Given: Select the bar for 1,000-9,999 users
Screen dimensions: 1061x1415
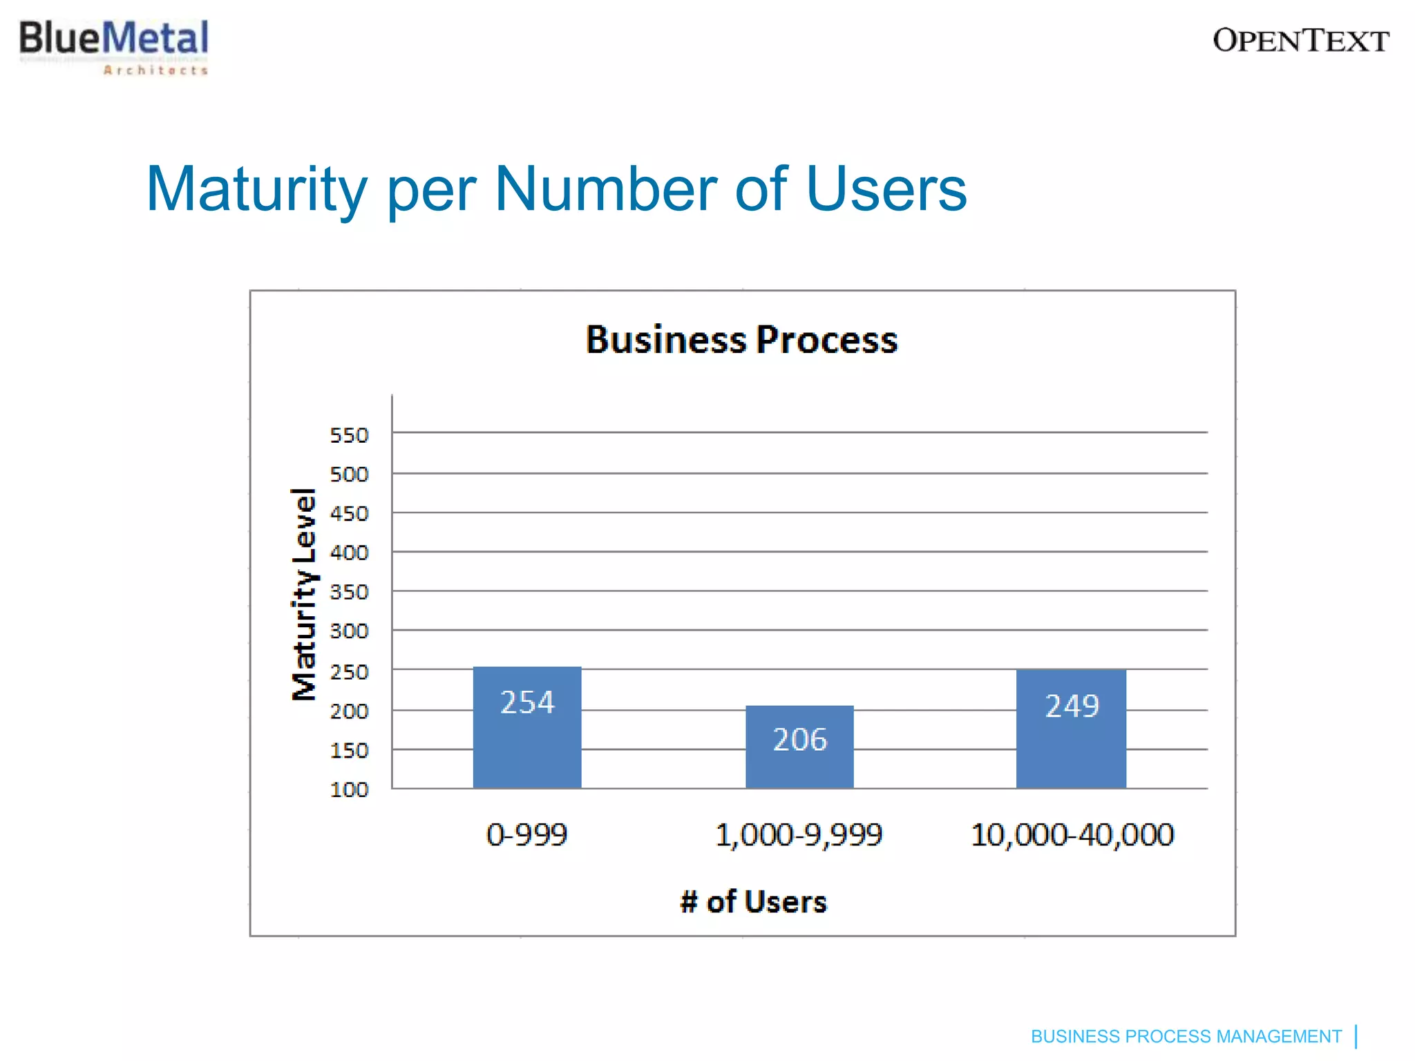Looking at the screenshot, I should (799, 767).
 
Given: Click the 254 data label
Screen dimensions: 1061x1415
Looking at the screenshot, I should (527, 702).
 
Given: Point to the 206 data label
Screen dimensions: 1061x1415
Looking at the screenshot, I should (799, 740).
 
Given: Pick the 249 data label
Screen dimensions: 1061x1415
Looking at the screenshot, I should (1072, 706).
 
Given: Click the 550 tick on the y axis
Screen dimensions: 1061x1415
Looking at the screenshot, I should (349, 435).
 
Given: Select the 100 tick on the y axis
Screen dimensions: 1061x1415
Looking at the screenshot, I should (349, 790).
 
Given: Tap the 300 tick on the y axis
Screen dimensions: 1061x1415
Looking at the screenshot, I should (349, 631).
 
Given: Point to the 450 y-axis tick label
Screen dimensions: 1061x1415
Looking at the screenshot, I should (349, 514).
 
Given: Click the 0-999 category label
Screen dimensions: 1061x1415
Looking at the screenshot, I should (526, 834).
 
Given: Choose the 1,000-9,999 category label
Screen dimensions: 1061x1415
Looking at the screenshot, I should (799, 834).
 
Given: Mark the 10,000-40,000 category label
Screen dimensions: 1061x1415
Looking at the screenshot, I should (1072, 834).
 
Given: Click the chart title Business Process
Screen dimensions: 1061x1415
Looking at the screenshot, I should (741, 340).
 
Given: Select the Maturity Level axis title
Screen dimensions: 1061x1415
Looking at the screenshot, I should (304, 594).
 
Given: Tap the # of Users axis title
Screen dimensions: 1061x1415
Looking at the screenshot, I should (753, 902).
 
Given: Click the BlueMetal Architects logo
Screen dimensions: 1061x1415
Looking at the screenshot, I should (114, 46).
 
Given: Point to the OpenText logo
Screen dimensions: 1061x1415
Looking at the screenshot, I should (1300, 41).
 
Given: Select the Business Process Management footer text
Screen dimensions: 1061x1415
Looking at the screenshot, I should (1186, 1037).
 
